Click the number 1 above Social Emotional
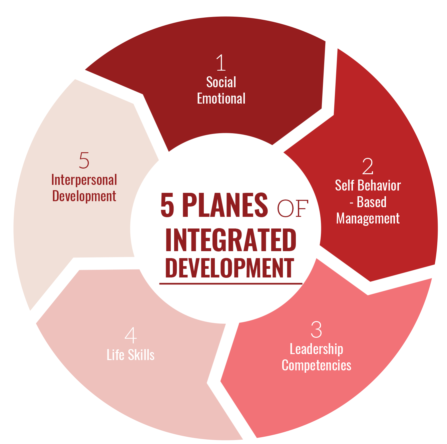(x=221, y=63)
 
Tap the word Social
(x=221, y=82)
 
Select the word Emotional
(x=221, y=99)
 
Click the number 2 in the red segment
(x=368, y=166)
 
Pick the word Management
(x=368, y=219)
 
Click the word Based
(x=372, y=202)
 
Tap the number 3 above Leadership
(x=316, y=330)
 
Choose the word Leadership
(x=316, y=349)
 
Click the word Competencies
(x=316, y=365)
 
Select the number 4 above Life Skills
(x=131, y=335)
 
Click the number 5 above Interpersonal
(x=84, y=161)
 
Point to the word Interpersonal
(x=84, y=180)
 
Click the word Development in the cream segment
(x=84, y=196)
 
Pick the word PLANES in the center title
(x=225, y=205)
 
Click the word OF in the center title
(x=292, y=209)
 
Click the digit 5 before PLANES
(x=167, y=205)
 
